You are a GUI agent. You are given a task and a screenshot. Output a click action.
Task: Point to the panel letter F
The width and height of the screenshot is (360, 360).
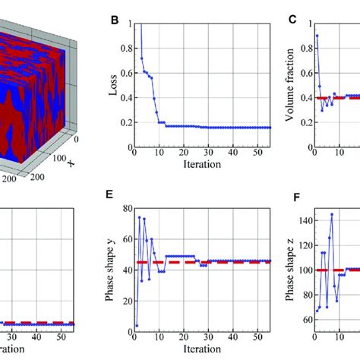click(x=292, y=194)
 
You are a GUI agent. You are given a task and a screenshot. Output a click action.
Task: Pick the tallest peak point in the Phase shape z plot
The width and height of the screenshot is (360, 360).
click(x=331, y=214)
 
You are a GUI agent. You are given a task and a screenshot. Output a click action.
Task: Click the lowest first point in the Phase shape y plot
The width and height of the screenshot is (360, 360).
click(x=137, y=325)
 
